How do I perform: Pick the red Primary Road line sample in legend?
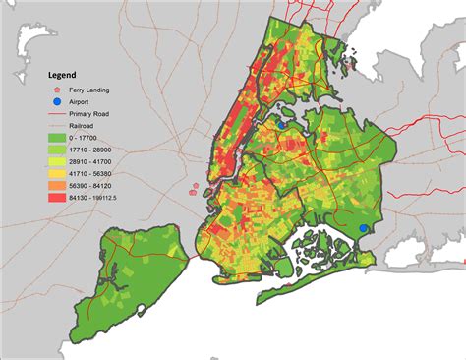point(60,112)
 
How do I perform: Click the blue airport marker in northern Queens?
point(282,125)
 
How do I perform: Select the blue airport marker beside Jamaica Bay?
point(364,228)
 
